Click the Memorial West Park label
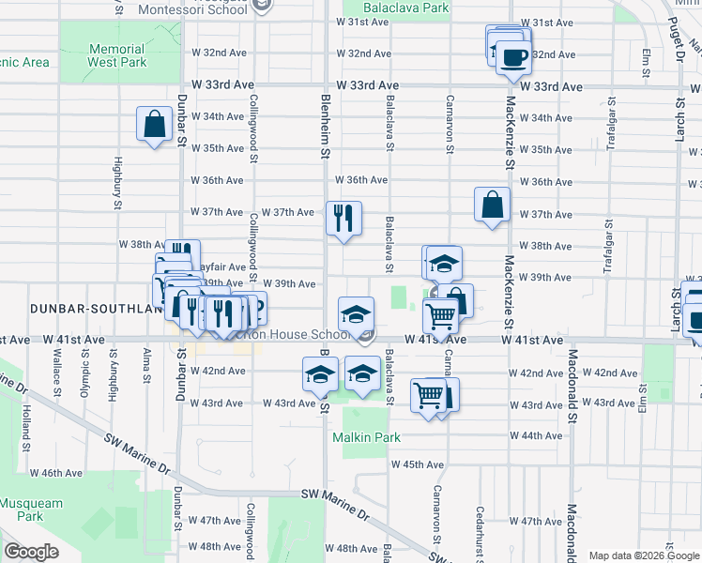pos(117,55)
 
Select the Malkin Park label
pos(367,437)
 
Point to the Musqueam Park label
pos(22,510)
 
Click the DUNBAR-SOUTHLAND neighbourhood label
pos(77,309)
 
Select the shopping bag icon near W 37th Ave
pos(492,205)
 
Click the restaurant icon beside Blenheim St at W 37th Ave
pos(343,218)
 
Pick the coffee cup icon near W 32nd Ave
pos(512,56)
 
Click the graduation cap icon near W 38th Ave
pos(444,263)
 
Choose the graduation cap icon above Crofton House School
pos(356,314)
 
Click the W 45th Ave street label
pos(417,464)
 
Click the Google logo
pos(32,551)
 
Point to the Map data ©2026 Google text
pos(644,555)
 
